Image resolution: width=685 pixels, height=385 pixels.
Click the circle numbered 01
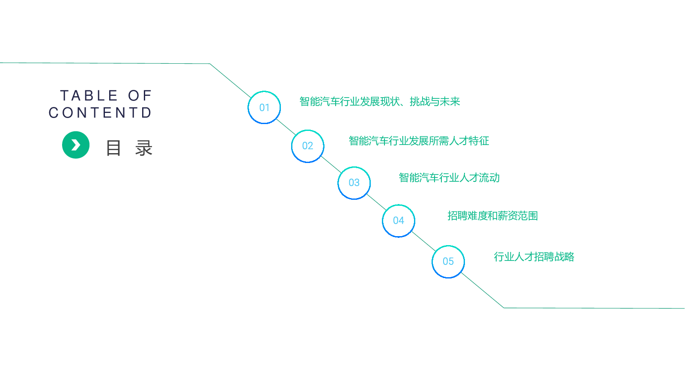tap(264, 92)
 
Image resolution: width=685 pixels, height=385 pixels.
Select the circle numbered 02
tap(308, 130)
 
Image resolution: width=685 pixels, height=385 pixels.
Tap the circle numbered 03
tap(354, 167)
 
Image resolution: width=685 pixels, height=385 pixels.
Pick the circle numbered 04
tap(399, 205)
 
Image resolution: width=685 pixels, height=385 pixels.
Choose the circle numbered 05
tap(448, 246)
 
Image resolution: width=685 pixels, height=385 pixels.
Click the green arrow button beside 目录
tap(76, 145)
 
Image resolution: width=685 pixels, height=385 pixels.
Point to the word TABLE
tap(89, 96)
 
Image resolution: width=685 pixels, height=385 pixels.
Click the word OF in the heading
tap(140, 96)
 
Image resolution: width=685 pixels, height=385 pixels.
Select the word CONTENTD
tap(100, 113)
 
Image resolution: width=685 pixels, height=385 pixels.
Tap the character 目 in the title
tap(113, 148)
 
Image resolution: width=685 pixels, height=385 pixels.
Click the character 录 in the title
tap(144, 148)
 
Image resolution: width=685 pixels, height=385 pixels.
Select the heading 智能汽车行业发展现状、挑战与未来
tap(380, 101)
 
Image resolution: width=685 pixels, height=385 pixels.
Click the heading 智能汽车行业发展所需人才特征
tap(419, 141)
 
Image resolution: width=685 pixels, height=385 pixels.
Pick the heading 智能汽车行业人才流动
tap(449, 178)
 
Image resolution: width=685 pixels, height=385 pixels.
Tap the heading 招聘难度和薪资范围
tap(493, 216)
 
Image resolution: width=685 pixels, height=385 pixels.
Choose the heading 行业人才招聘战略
tap(534, 257)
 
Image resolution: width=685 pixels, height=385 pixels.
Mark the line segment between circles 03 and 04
tap(376, 201)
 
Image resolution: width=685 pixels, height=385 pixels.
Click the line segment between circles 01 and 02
tap(286, 127)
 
